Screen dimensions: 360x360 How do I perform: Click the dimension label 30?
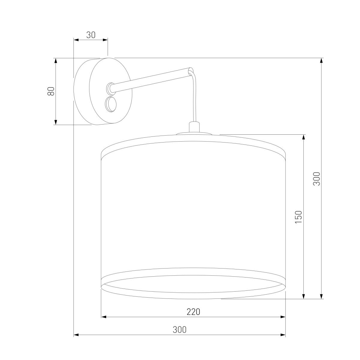coord(91,35)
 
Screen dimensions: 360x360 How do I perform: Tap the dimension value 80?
coord(51,91)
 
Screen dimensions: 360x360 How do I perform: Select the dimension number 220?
coord(193,312)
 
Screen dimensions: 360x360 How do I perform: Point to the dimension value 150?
coord(298,217)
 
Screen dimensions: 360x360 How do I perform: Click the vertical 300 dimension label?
coord(316,179)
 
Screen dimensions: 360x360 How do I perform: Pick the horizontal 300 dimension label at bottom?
coord(179,330)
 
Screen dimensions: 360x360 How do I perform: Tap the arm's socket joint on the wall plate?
coord(110,89)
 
